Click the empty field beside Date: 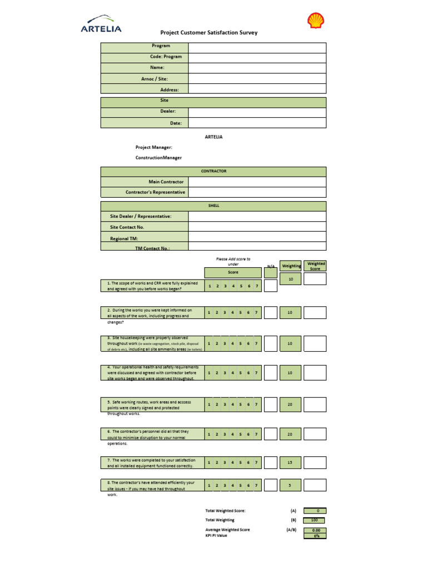[x=257, y=123]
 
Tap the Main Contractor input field [x=257, y=182]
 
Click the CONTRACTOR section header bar [x=213, y=172]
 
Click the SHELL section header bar [x=213, y=206]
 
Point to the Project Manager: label [x=154, y=147]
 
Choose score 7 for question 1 [x=256, y=286]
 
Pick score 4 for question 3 [x=232, y=343]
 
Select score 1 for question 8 [x=209, y=486]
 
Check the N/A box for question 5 [x=270, y=405]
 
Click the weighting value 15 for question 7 [x=290, y=462]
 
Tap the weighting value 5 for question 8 [x=290, y=486]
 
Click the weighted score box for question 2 [x=315, y=313]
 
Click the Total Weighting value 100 [x=315, y=520]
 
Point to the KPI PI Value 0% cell [x=315, y=536]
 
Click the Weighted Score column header [x=316, y=266]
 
